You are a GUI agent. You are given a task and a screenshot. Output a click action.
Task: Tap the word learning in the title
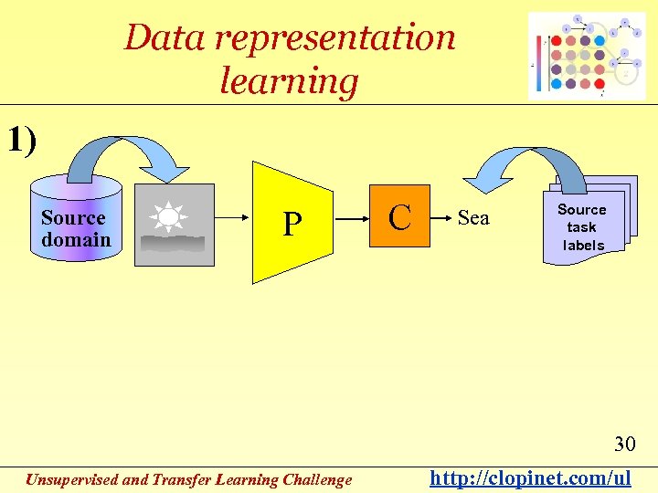click(x=289, y=82)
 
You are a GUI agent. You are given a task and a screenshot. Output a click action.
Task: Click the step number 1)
click(x=22, y=141)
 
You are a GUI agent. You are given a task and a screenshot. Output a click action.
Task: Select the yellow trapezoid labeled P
click(x=292, y=222)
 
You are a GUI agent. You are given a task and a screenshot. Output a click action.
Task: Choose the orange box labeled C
click(x=399, y=217)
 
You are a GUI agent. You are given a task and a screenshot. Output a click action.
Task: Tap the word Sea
click(x=472, y=217)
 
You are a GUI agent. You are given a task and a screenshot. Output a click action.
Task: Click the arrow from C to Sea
click(x=442, y=218)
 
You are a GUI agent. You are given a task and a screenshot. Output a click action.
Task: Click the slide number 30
click(x=624, y=445)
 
